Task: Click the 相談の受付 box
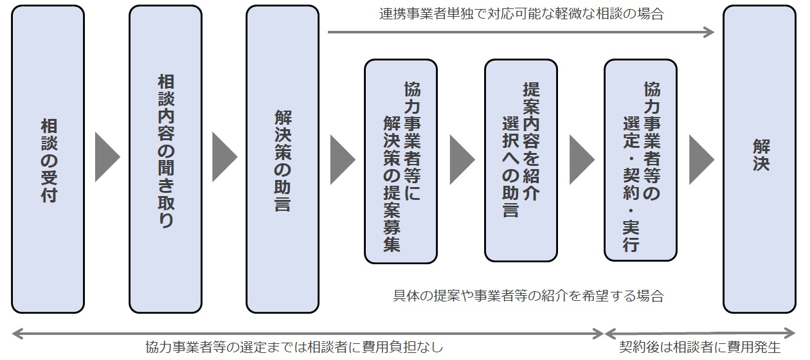48,159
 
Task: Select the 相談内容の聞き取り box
165,159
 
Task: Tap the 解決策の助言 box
282,159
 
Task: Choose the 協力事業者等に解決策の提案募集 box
401,161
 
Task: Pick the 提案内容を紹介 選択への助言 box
521,161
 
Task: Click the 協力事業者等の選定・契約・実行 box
640,161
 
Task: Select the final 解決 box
759,159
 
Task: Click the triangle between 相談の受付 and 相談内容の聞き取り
107,158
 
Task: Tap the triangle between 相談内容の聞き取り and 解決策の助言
224,158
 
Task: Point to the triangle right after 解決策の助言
341,158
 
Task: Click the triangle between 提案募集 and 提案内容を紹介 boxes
461,158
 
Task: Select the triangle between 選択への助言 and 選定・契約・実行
580,158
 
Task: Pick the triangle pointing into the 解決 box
700,158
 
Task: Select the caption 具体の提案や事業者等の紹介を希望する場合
528,296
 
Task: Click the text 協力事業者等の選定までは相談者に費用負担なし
294,348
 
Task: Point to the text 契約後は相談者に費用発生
699,348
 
